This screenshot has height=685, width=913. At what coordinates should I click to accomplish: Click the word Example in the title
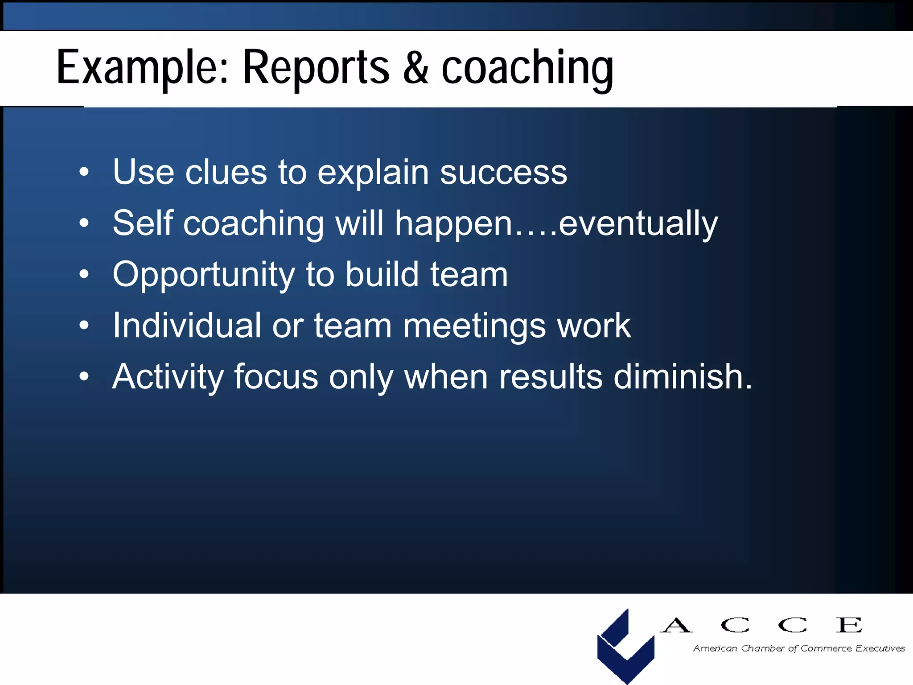pyautogui.click(x=142, y=68)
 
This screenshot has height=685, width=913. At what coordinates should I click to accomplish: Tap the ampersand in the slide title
pyautogui.click(x=415, y=68)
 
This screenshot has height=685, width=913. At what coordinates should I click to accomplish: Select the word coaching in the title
pyautogui.click(x=527, y=68)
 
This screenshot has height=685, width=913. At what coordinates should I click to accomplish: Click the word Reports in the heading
pyautogui.click(x=316, y=68)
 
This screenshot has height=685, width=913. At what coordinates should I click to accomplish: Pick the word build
pyautogui.click(x=382, y=274)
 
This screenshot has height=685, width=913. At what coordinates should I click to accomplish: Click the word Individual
pyautogui.click(x=187, y=325)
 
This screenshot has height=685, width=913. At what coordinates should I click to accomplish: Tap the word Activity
pyautogui.click(x=168, y=377)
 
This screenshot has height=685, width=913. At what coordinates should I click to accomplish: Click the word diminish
pyautogui.click(x=683, y=376)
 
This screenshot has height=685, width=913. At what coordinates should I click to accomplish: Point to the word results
pyautogui.click(x=551, y=376)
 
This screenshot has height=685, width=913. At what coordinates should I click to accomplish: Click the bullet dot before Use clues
pyautogui.click(x=84, y=172)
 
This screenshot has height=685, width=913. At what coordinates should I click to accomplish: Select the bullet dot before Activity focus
pyautogui.click(x=84, y=377)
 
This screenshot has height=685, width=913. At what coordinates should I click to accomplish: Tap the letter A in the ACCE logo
pyautogui.click(x=676, y=625)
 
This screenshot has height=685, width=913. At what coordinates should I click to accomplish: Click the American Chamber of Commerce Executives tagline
pyautogui.click(x=798, y=648)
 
